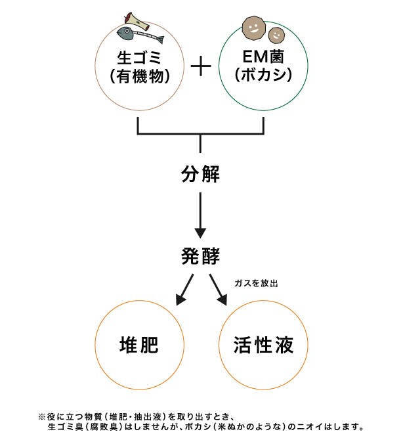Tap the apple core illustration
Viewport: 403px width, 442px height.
[129, 19]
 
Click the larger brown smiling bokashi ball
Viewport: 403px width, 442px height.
[254, 27]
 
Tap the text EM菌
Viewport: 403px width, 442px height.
[263, 56]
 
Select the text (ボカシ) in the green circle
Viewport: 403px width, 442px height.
[263, 76]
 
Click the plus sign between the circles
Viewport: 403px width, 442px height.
[201, 66]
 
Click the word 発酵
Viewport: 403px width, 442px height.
[200, 256]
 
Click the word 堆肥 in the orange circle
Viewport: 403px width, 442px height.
[140, 344]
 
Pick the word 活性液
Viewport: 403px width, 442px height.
[263, 344]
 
